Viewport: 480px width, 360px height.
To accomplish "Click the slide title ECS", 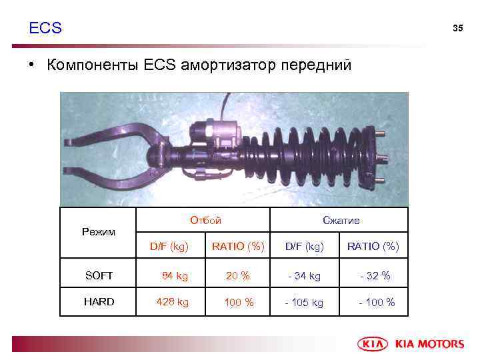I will pos(45,28).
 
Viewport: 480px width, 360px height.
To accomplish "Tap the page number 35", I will pos(457,28).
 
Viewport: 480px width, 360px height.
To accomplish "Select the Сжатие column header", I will pos(341,220).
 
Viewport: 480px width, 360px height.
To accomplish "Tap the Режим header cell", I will pos(98,232).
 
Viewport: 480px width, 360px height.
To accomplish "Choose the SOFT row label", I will pos(99,275).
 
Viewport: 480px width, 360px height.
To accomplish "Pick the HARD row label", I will pos(99,302).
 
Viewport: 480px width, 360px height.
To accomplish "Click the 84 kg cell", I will pos(175,275).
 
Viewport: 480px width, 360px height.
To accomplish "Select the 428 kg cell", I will pos(172,302).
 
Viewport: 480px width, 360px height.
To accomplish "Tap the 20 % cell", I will pos(238,275).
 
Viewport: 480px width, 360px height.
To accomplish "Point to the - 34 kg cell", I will pos(304,275).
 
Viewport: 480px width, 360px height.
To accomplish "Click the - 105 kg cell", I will pos(304,303).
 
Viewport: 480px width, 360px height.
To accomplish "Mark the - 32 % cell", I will pos(374,275).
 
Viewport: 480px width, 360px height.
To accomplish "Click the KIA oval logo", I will pos(375,344).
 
